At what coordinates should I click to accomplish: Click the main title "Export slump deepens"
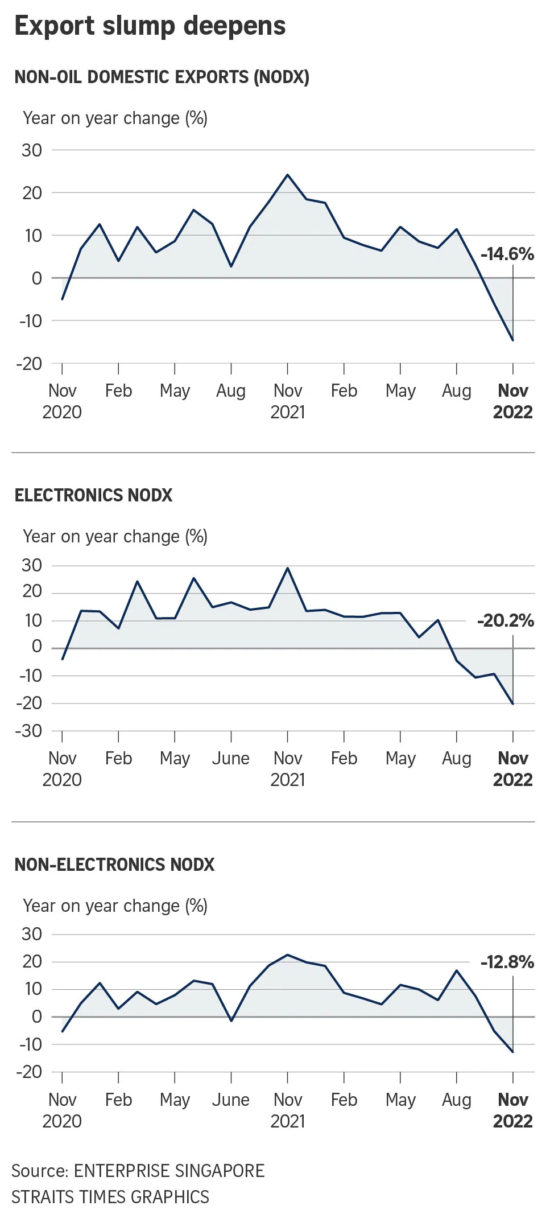pyautogui.click(x=150, y=26)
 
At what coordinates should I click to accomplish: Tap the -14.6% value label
pyautogui.click(x=507, y=254)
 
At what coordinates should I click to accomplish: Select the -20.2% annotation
pyautogui.click(x=506, y=620)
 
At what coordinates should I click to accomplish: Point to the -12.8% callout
pyautogui.click(x=507, y=962)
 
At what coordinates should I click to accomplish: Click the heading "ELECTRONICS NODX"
pyautogui.click(x=93, y=495)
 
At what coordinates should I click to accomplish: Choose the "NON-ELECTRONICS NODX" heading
pyautogui.click(x=114, y=865)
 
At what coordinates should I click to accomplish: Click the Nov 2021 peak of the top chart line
pyautogui.click(x=287, y=175)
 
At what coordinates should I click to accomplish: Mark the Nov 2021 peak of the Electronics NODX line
pyautogui.click(x=287, y=568)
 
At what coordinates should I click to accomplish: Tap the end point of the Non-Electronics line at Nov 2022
pyautogui.click(x=512, y=1052)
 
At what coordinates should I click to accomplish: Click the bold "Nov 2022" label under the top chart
pyautogui.click(x=512, y=401)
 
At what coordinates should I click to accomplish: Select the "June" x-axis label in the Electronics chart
pyautogui.click(x=231, y=758)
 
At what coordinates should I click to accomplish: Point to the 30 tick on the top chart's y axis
pyautogui.click(x=32, y=150)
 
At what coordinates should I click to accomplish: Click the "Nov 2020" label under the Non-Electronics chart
pyautogui.click(x=62, y=1110)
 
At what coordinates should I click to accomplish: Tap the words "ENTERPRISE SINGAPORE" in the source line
pyautogui.click(x=169, y=1171)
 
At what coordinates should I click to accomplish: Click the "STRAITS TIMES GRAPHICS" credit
pyautogui.click(x=110, y=1197)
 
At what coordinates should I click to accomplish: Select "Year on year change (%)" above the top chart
pyautogui.click(x=115, y=118)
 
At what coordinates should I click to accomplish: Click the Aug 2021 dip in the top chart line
pyautogui.click(x=231, y=266)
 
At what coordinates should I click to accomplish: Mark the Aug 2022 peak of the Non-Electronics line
pyautogui.click(x=456, y=970)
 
